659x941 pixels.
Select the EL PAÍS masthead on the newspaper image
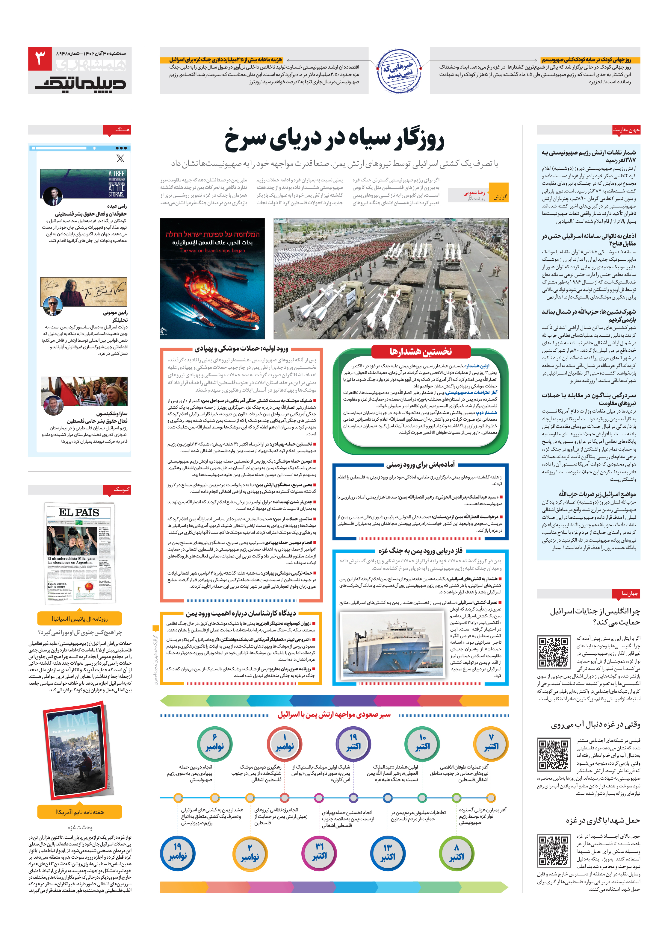[x=79, y=512]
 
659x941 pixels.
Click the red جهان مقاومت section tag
[x=625, y=130]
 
